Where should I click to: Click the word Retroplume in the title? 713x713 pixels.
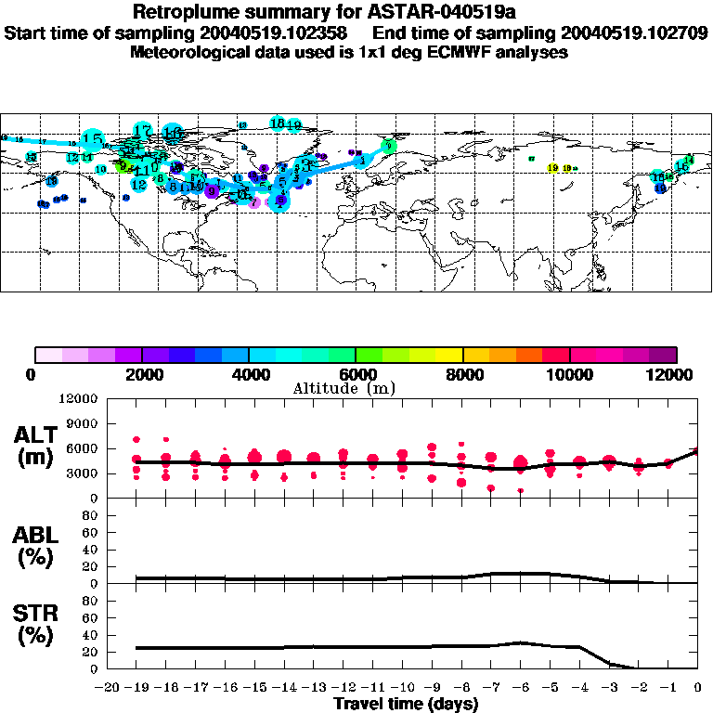(x=181, y=12)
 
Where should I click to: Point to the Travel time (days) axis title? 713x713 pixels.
(x=406, y=704)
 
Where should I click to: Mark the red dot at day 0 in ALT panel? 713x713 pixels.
(x=696, y=451)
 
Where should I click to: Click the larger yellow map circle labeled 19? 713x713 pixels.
(x=553, y=169)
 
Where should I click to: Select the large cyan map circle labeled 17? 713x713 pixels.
(x=142, y=131)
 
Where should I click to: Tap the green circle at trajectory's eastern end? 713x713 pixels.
(x=389, y=146)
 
